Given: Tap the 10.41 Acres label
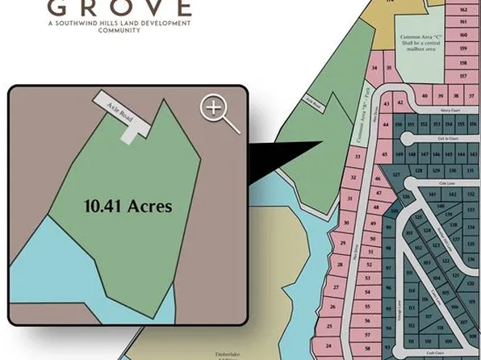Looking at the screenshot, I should pos(128,206).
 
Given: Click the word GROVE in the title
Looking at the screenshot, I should pos(119,9).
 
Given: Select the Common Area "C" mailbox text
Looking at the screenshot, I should pos(420,42).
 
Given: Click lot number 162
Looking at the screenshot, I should pos(463,10).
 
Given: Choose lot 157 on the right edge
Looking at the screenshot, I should pos(463,75).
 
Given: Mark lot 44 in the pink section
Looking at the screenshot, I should pos(387,125).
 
